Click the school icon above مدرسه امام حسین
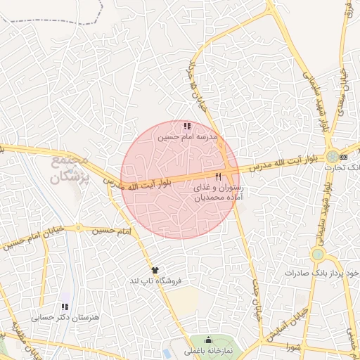(186, 126)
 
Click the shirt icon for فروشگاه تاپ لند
(155, 270)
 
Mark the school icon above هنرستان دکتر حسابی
(65, 307)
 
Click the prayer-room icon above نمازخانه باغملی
(207, 340)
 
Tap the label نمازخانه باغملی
(208, 350)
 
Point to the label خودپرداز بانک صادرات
(330, 271)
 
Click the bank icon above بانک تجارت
(344, 157)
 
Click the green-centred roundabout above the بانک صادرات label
(318, 253)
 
